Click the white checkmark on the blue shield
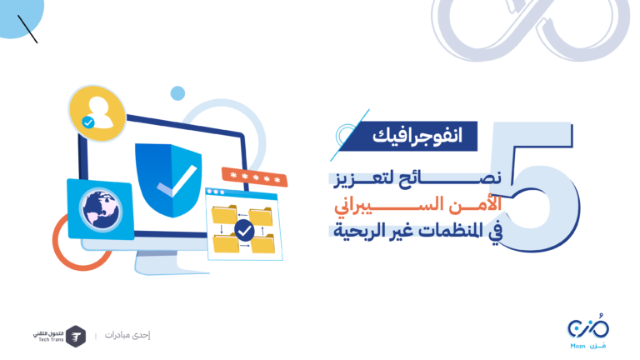click(177, 181)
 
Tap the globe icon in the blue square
click(101, 210)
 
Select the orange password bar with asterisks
click(255, 177)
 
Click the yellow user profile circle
click(97, 113)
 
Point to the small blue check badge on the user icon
click(88, 122)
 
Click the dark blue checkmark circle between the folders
click(244, 231)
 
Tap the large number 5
click(535, 186)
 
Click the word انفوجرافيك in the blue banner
click(417, 135)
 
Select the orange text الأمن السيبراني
click(417, 204)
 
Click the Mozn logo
click(588, 332)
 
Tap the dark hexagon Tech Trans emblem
click(76, 337)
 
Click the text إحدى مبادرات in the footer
click(127, 335)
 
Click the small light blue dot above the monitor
click(177, 93)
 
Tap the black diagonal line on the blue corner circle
click(27, 29)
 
